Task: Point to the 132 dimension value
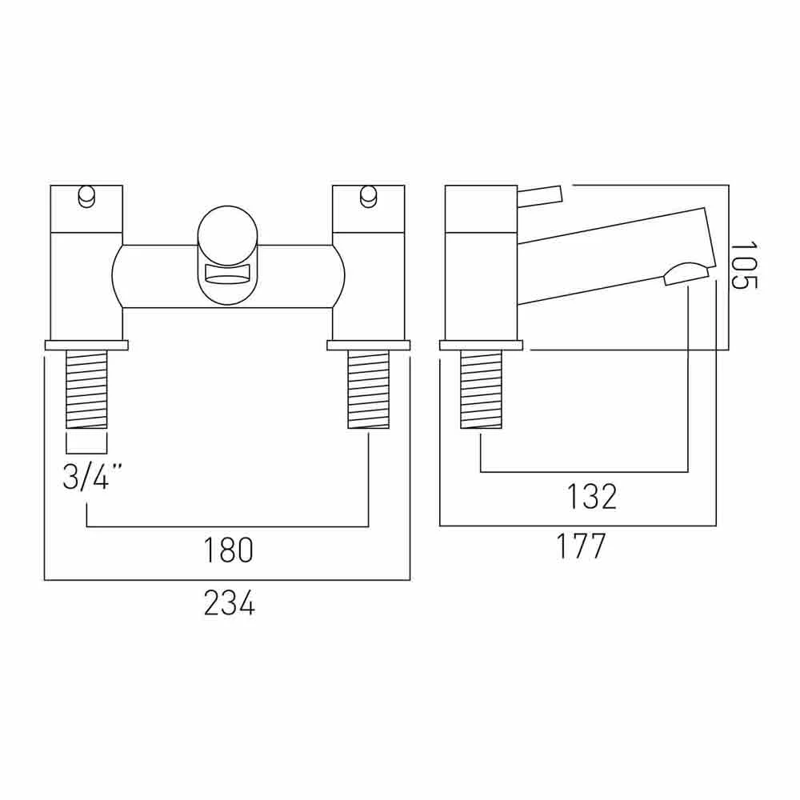[x=592, y=498]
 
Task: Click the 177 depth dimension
[x=581, y=548]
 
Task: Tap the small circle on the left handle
[x=86, y=194]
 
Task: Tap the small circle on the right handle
[x=368, y=194]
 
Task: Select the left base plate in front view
[x=86, y=346]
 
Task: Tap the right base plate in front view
[x=368, y=346]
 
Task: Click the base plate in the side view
[x=481, y=346]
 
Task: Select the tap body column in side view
[x=481, y=264]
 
